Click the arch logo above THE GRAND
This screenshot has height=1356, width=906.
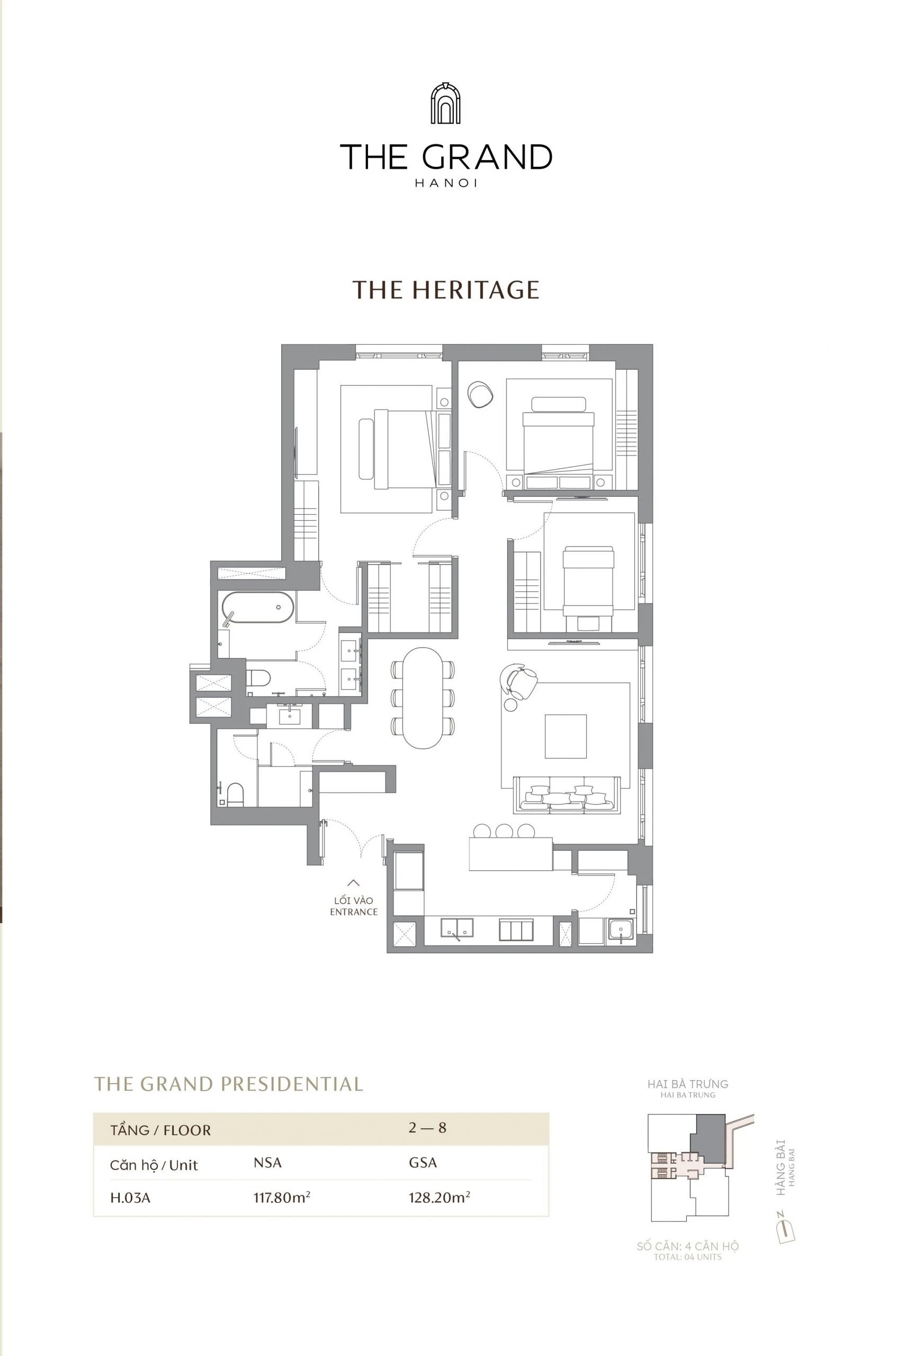click(x=445, y=103)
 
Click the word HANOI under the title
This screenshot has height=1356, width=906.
click(x=445, y=183)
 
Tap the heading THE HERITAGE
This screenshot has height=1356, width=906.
click(x=445, y=290)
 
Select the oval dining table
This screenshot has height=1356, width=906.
click(x=423, y=697)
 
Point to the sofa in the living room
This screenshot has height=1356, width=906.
click(x=566, y=796)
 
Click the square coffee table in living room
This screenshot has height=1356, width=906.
click(x=565, y=736)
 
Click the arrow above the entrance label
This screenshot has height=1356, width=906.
click(x=353, y=882)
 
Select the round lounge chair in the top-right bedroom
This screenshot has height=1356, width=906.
click(x=480, y=394)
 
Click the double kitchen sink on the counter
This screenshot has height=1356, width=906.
click(x=456, y=927)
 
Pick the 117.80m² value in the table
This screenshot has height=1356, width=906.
click(x=281, y=1197)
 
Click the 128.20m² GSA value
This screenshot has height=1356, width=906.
click(x=438, y=1197)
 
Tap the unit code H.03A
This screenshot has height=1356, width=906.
click(x=130, y=1198)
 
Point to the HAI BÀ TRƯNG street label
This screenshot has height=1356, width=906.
click(x=688, y=1084)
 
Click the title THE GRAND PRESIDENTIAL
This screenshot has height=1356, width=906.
click(x=228, y=1084)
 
